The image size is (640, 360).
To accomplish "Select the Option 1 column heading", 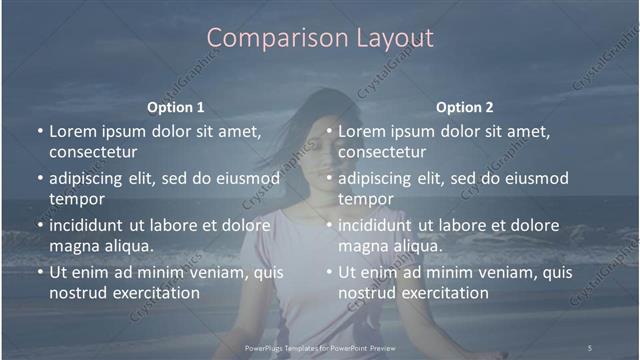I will (x=176, y=107).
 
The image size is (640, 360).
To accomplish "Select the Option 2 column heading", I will (x=465, y=107).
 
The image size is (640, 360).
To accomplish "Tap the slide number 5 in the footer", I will (x=589, y=347).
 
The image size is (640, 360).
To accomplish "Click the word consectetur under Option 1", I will (x=93, y=152).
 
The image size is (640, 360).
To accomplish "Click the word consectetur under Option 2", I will (x=382, y=152).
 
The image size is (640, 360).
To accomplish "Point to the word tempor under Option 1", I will (x=76, y=199).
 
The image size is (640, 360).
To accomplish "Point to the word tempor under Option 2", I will (x=365, y=199).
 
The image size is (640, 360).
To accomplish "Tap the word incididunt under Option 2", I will (x=377, y=224).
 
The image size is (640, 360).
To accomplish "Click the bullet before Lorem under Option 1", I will (x=40, y=131).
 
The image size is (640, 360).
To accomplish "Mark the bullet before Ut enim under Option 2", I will (x=329, y=272).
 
